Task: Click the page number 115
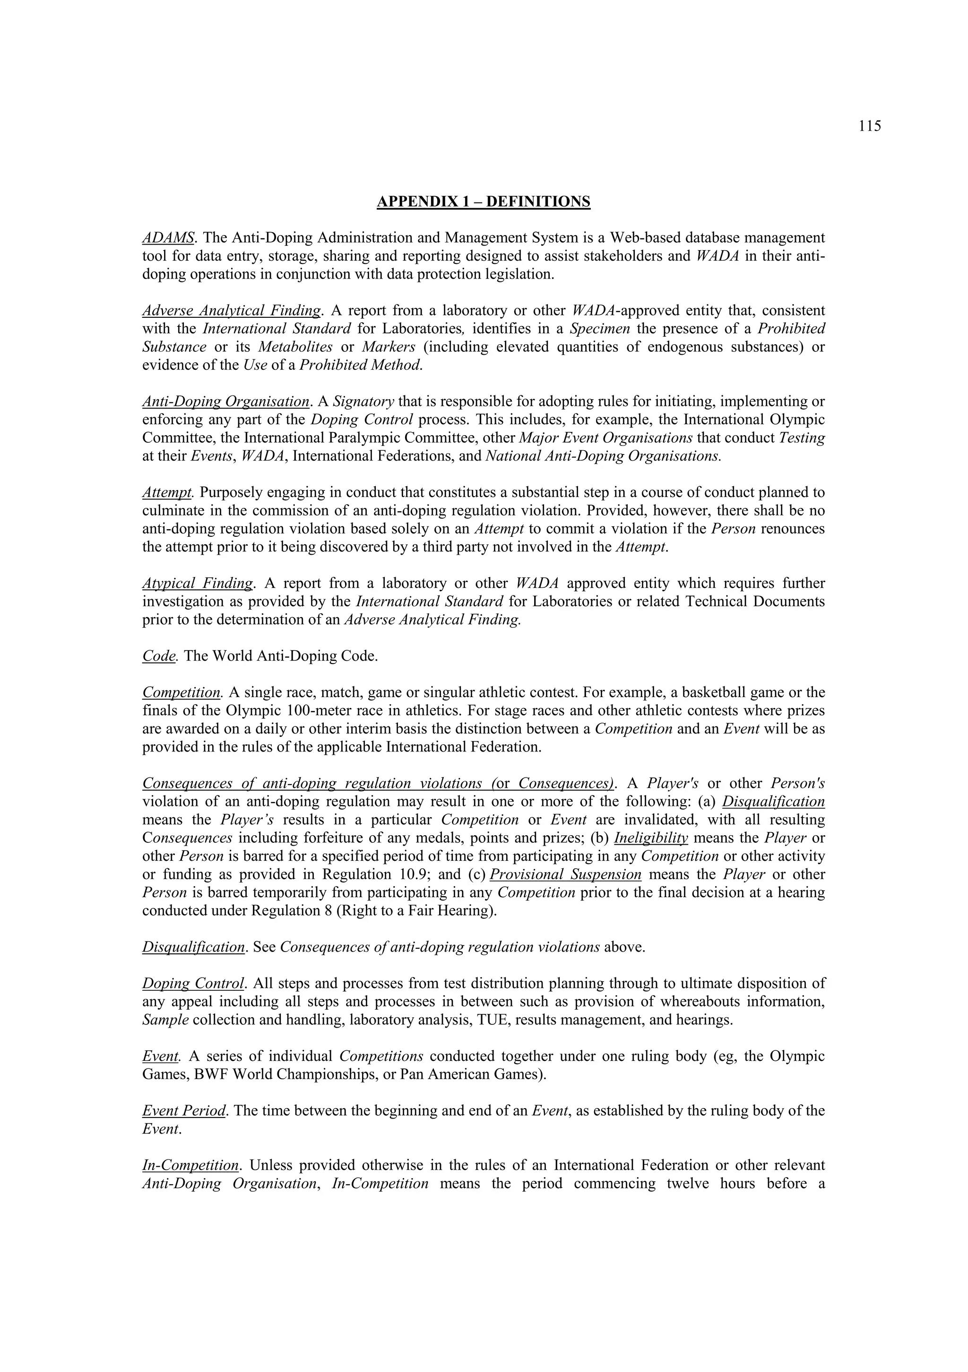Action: click(x=870, y=126)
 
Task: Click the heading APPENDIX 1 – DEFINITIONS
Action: click(x=483, y=201)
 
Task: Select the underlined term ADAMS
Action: click(x=168, y=238)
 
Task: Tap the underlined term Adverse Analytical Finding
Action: click(x=231, y=311)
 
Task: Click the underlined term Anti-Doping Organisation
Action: click(x=226, y=402)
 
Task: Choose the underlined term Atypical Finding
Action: click(x=198, y=583)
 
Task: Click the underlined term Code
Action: click(x=158, y=656)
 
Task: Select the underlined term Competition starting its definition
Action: click(x=181, y=692)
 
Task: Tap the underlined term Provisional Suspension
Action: click(x=565, y=874)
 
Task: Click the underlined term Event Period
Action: click(x=184, y=1110)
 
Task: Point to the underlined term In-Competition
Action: click(x=190, y=1165)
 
